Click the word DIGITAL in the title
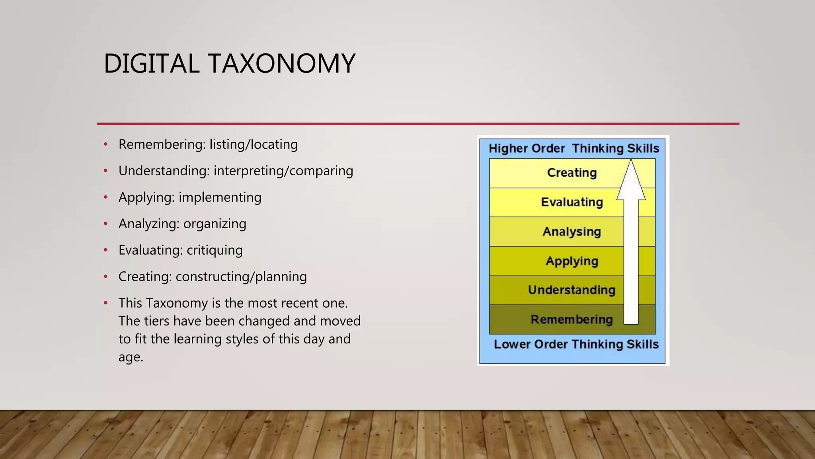click(151, 64)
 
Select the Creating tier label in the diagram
click(571, 173)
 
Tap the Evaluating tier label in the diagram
click(571, 202)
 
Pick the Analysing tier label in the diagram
click(571, 232)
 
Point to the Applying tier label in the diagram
click(571, 261)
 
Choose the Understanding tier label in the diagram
click(571, 290)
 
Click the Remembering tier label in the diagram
click(571, 320)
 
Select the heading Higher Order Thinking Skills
click(573, 149)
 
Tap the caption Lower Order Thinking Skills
click(576, 344)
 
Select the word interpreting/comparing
click(283, 171)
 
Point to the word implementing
click(220, 197)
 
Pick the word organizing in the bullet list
click(214, 224)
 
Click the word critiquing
click(214, 250)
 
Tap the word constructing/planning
click(241, 277)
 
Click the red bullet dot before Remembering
click(105, 144)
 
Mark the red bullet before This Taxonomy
click(105, 303)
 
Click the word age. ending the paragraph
click(131, 357)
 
